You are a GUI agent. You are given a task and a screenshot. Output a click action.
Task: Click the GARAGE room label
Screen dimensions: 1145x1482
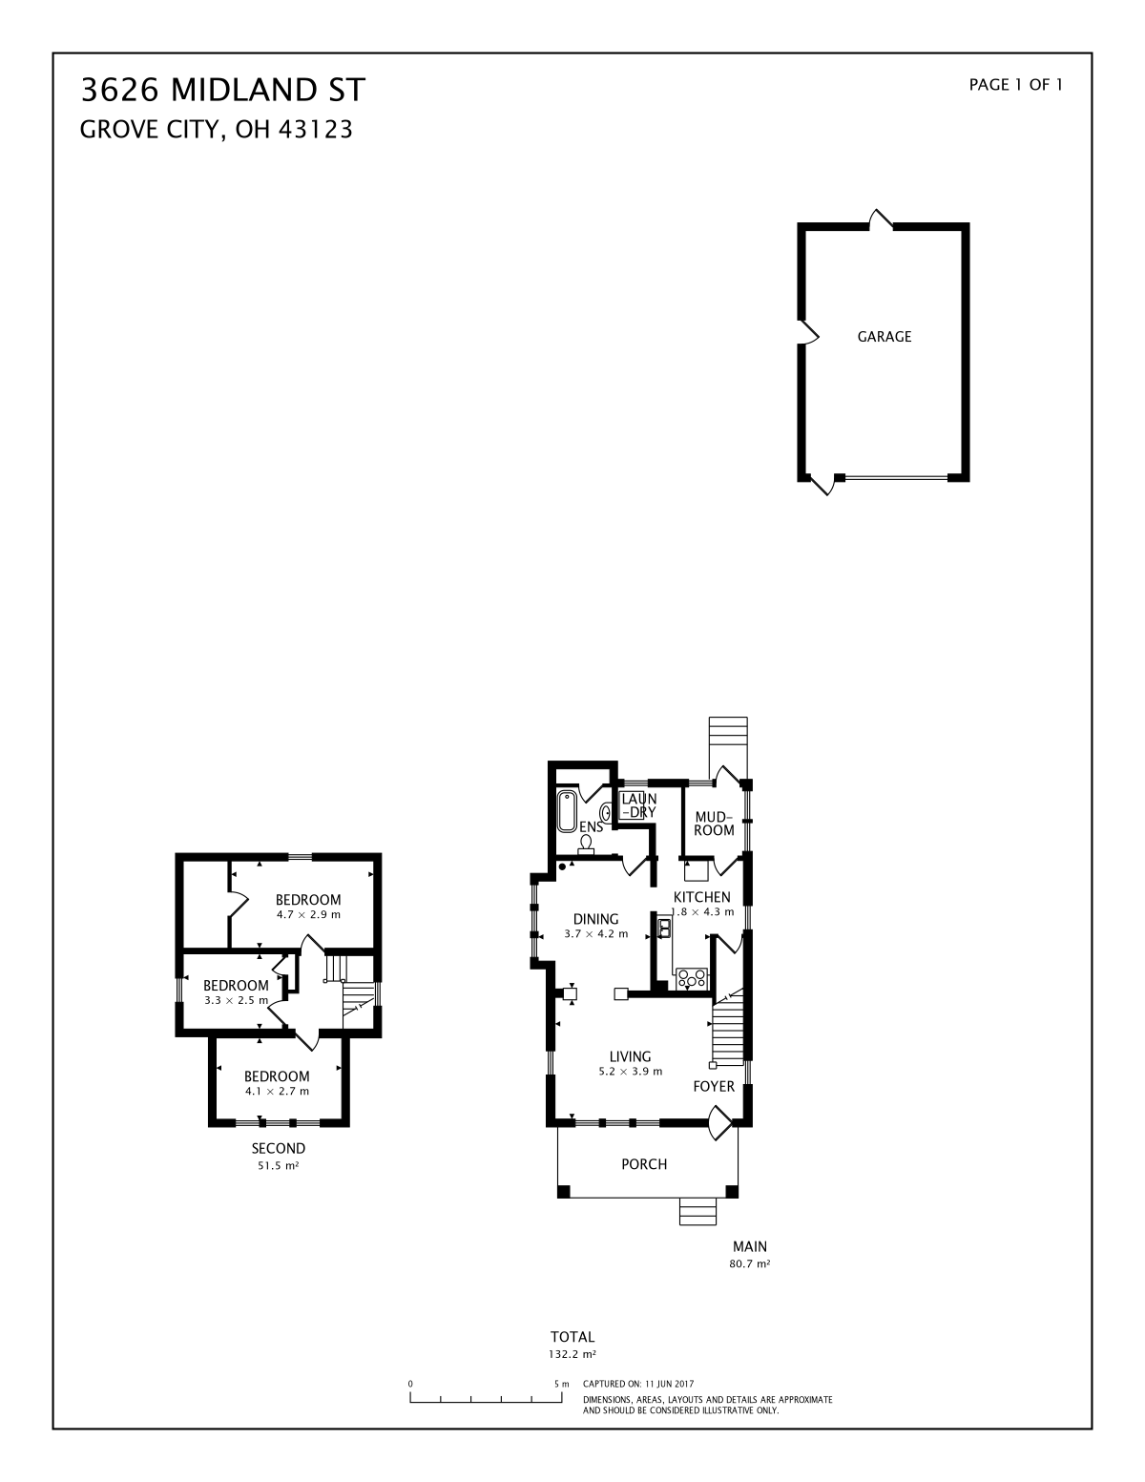pyautogui.click(x=884, y=336)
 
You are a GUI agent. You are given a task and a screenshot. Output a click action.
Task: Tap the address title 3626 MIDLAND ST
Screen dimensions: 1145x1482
pyautogui.click(x=223, y=90)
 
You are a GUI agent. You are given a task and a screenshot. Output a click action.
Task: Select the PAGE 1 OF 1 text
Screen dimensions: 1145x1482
pyautogui.click(x=1015, y=85)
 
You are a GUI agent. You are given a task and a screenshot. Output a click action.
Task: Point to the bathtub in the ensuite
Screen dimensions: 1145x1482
pyautogui.click(x=567, y=811)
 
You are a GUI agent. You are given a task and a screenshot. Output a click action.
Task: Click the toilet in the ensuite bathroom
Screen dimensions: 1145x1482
pyautogui.click(x=586, y=845)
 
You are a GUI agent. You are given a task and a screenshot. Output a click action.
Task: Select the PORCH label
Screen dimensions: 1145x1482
pyautogui.click(x=644, y=1164)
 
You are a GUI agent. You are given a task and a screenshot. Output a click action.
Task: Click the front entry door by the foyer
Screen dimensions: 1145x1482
pyautogui.click(x=719, y=1122)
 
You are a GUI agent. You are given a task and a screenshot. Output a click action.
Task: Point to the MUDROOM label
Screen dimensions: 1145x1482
pyautogui.click(x=714, y=824)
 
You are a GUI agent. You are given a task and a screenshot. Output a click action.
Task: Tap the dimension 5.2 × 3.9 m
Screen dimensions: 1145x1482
pyautogui.click(x=630, y=1072)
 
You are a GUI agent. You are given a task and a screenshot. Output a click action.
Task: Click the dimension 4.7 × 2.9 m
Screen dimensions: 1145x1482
pyautogui.click(x=308, y=914)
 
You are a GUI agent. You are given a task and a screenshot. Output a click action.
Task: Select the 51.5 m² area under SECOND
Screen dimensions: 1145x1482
pyautogui.click(x=279, y=1165)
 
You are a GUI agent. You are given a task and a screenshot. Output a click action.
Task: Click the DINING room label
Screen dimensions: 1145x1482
pyautogui.click(x=595, y=919)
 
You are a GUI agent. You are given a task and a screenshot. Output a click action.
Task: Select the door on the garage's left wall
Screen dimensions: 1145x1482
pyautogui.click(x=809, y=333)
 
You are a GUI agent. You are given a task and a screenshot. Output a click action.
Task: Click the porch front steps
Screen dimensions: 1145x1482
pyautogui.click(x=697, y=1211)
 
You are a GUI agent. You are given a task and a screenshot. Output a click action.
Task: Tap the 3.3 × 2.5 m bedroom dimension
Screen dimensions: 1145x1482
pyautogui.click(x=236, y=1000)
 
